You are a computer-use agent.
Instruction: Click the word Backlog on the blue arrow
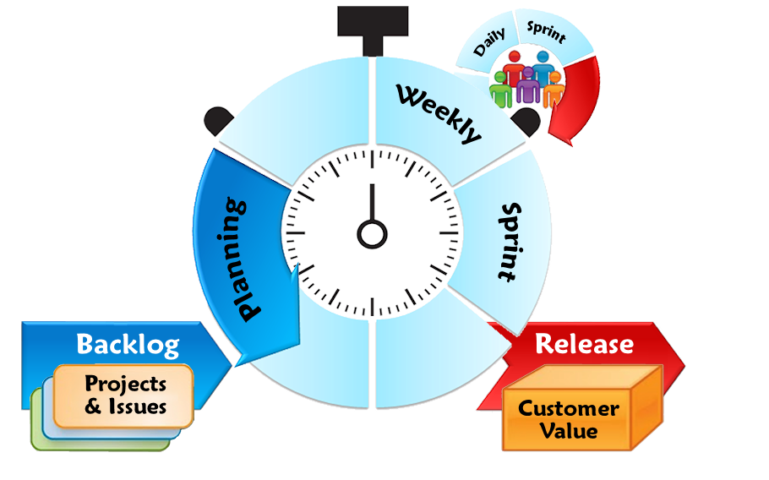tap(128, 345)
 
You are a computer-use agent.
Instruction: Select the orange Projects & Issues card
tap(124, 395)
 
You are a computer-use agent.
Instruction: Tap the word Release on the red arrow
tap(584, 344)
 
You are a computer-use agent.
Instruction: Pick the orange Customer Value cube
tap(568, 419)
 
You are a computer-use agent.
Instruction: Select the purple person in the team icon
tap(528, 85)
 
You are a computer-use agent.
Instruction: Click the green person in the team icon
tap(501, 89)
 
